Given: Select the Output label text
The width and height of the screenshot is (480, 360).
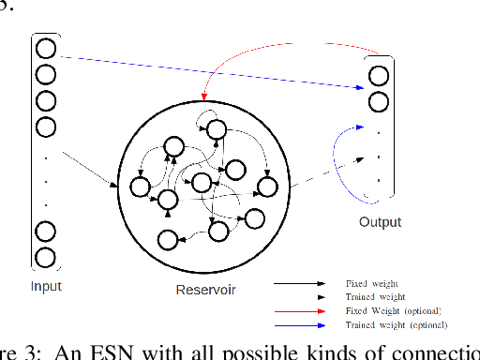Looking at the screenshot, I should [x=380, y=222].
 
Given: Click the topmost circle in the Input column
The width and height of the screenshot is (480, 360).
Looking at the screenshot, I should [x=45, y=48].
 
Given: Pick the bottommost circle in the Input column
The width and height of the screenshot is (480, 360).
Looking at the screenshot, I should [x=45, y=257].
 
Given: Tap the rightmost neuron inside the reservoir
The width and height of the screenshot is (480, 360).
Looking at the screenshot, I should [x=268, y=186].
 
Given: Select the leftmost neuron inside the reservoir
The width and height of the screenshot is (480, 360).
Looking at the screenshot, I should [x=141, y=187].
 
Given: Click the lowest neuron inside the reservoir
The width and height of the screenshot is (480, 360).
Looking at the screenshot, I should [x=169, y=240].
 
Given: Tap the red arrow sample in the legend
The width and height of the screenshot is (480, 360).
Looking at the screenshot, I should [x=305, y=310].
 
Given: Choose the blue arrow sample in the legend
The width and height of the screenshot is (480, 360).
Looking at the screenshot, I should [x=305, y=324].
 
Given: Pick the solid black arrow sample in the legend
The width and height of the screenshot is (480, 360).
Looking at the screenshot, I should [x=305, y=281].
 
